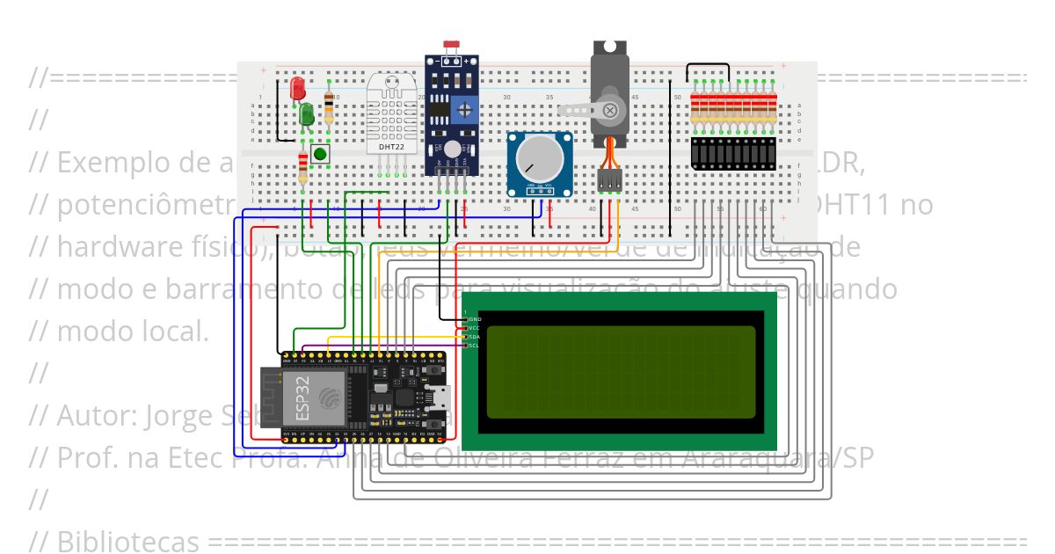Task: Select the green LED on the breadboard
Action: pyautogui.click(x=307, y=114)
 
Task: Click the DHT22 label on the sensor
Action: pyautogui.click(x=391, y=147)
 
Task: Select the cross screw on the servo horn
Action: pyautogui.click(x=608, y=109)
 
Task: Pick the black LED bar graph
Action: pyautogui.click(x=734, y=153)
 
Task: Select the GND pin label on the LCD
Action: pyautogui.click(x=475, y=318)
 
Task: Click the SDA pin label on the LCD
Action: pyautogui.click(x=475, y=337)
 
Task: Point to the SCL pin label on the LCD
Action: pyautogui.click(x=475, y=346)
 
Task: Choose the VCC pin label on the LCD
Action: pyautogui.click(x=475, y=327)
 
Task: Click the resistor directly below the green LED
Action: pyautogui.click(x=304, y=166)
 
